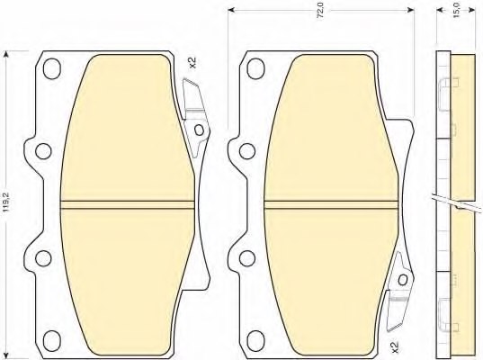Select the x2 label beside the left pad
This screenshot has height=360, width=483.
pos(192,63)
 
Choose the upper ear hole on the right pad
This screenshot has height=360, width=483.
pos(244,148)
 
